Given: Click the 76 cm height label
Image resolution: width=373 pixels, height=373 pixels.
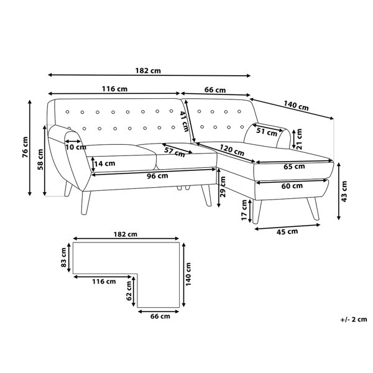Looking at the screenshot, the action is click(x=25, y=147).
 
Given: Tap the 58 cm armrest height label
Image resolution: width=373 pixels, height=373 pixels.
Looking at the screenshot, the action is click(x=40, y=159).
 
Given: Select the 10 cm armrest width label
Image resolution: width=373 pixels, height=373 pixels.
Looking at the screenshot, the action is click(x=76, y=147).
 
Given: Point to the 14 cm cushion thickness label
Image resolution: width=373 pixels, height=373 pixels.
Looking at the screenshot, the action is click(x=104, y=163).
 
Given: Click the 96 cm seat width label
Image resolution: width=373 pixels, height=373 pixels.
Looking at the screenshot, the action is click(x=157, y=177).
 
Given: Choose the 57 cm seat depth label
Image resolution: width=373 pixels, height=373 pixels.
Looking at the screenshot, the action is click(x=174, y=152).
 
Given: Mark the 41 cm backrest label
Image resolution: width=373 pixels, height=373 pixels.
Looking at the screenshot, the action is click(x=184, y=121).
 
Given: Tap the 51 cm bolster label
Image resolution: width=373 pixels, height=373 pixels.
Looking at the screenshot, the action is click(x=267, y=131).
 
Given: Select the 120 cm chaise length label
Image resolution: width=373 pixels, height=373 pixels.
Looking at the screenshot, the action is click(x=232, y=150).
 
